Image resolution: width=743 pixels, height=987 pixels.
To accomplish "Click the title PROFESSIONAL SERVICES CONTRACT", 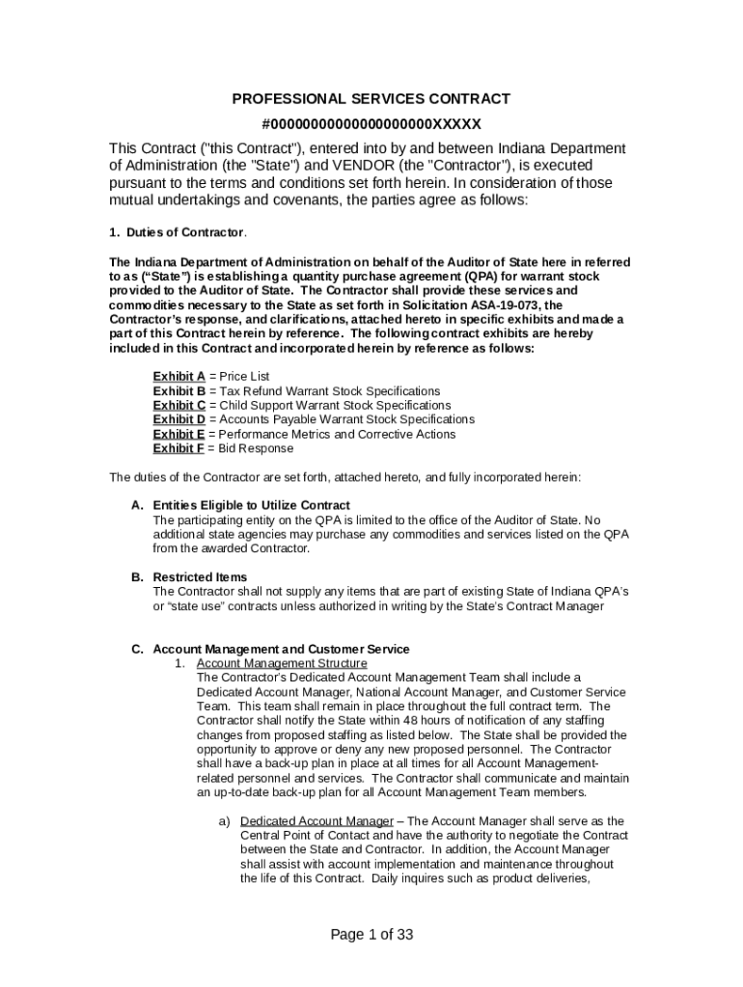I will (x=371, y=99).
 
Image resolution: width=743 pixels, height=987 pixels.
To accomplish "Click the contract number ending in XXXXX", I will (x=371, y=124).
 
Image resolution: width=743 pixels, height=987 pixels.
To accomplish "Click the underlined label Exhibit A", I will (x=179, y=376).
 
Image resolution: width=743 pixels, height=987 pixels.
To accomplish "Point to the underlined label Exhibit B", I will (x=179, y=391).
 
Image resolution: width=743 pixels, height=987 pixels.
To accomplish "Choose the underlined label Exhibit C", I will (x=179, y=406).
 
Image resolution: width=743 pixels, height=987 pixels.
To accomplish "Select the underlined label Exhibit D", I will (x=179, y=420).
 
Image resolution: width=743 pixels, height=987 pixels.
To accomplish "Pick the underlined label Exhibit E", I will (x=179, y=435).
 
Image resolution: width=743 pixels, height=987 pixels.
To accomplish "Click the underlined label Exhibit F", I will (x=179, y=449).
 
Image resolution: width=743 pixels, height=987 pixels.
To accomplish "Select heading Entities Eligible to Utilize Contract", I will (x=251, y=506).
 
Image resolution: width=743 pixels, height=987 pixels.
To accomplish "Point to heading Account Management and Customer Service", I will (x=281, y=649).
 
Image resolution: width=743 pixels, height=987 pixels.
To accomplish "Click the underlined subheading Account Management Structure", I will (x=281, y=664).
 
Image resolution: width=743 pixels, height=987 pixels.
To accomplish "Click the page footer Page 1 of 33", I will (x=371, y=934).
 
